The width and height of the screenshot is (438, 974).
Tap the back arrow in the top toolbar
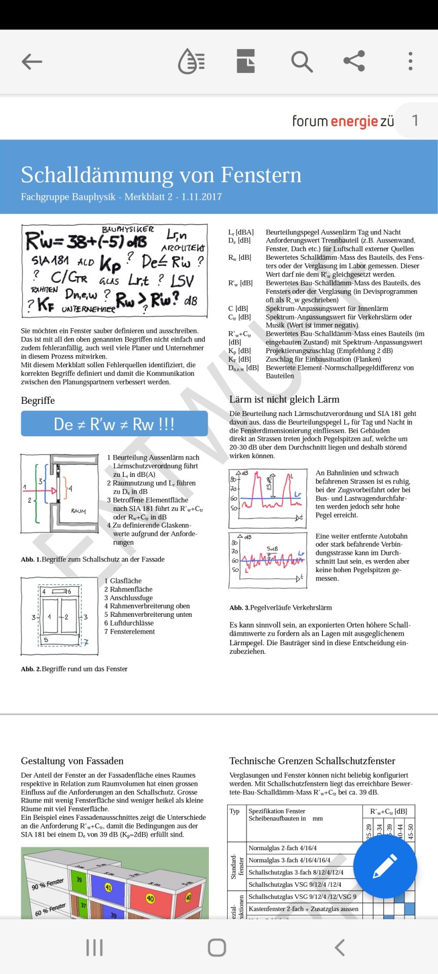point(32,62)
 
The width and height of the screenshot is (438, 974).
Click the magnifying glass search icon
point(302,61)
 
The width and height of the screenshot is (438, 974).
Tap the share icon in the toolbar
point(354,61)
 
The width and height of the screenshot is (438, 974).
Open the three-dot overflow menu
point(410,61)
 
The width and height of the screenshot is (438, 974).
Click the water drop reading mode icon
point(191,61)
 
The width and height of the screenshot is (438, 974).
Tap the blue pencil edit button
point(385,866)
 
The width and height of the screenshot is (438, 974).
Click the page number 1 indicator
point(415,120)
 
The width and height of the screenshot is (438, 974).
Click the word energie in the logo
point(354,122)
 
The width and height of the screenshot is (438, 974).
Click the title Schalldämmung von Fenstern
point(161,175)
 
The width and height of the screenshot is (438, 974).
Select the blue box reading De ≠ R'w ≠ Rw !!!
point(114,424)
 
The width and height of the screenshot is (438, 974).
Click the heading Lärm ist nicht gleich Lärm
point(284,399)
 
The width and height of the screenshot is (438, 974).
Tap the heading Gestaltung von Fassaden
point(72,760)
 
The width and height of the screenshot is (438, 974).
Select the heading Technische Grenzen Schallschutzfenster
point(312,760)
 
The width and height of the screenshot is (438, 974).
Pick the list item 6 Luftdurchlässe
point(129,623)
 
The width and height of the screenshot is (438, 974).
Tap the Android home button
point(217,947)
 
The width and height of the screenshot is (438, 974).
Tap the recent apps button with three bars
point(94,947)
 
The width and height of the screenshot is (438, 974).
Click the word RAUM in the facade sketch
point(79,511)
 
